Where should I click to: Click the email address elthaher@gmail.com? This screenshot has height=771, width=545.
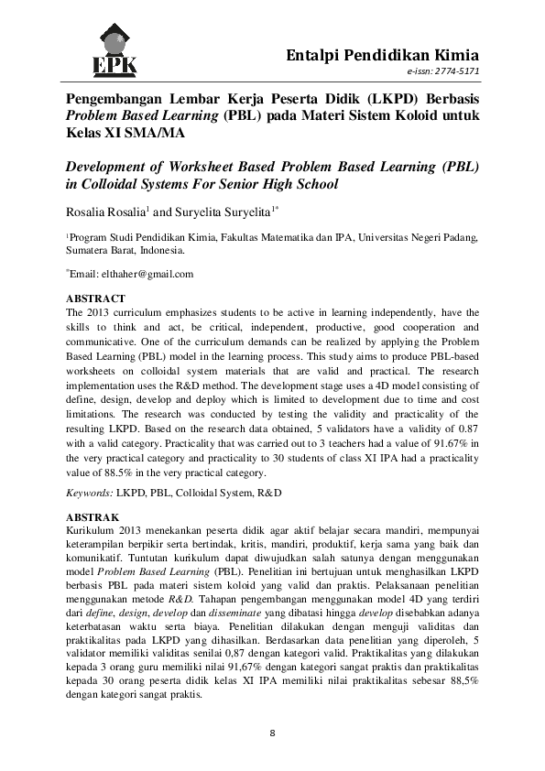point(147,274)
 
